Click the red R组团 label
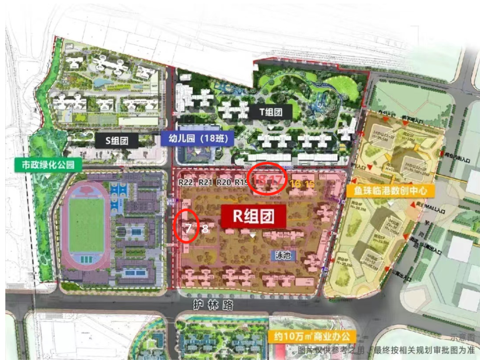(x=254, y=216)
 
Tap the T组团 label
(x=271, y=112)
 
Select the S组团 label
(x=117, y=141)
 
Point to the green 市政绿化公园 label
(x=48, y=165)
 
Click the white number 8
(x=205, y=230)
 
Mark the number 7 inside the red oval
(x=188, y=230)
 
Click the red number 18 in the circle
(x=259, y=180)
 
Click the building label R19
(x=241, y=182)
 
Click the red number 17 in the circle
(x=276, y=180)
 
